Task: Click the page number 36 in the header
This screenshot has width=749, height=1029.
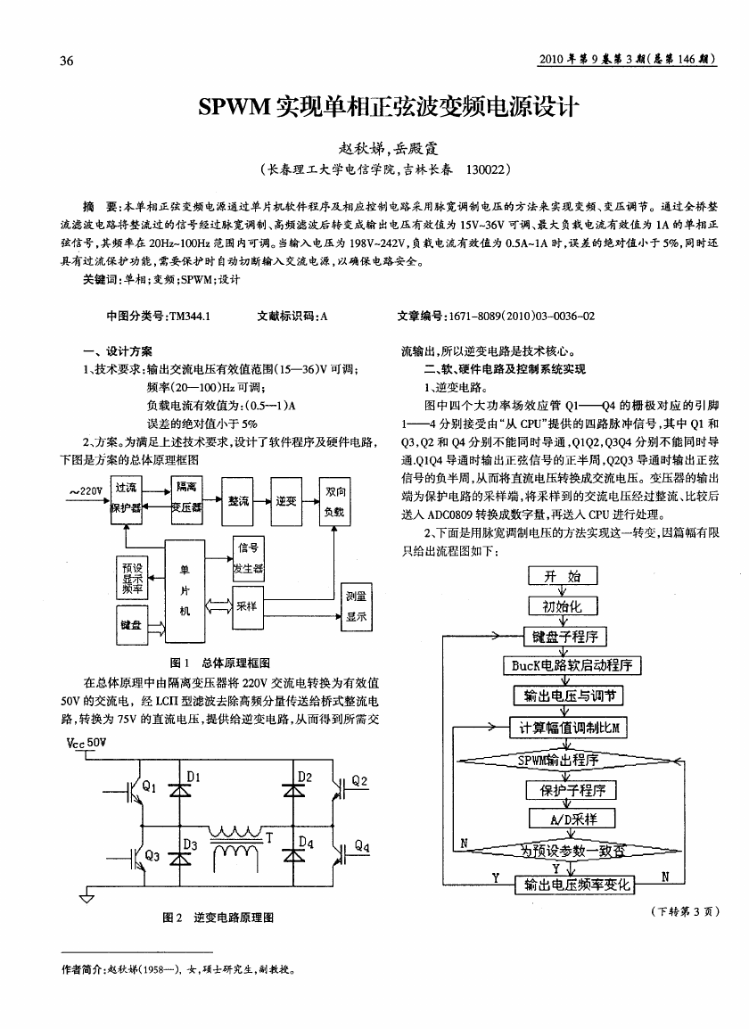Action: pyautogui.click(x=67, y=61)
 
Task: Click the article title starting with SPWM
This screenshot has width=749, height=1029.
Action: pyautogui.click(x=389, y=106)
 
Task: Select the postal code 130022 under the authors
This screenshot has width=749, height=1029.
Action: pyautogui.click(x=487, y=170)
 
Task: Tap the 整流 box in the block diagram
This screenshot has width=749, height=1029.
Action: pyautogui.click(x=238, y=501)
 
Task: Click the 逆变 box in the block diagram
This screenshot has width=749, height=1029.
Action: pyautogui.click(x=286, y=501)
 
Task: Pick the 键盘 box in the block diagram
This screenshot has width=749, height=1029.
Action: pyautogui.click(x=131, y=625)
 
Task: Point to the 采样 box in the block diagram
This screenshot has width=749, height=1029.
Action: pyautogui.click(x=247, y=606)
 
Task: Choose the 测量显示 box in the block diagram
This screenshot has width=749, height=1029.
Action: pyautogui.click(x=357, y=606)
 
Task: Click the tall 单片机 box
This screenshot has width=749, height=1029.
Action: pyautogui.click(x=185, y=592)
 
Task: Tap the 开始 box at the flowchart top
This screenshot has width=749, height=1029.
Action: pyautogui.click(x=563, y=576)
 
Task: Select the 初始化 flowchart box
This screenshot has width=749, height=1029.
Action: pyautogui.click(x=562, y=605)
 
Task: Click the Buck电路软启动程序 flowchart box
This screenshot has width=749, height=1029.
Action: pyautogui.click(x=572, y=665)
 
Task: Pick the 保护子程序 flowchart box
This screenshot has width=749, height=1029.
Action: pyautogui.click(x=572, y=790)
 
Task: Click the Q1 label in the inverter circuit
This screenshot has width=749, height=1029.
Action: pyautogui.click(x=150, y=786)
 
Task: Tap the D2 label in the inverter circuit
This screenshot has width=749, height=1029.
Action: pyautogui.click(x=305, y=777)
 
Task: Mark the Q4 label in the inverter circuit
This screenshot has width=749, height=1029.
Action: pyautogui.click(x=362, y=846)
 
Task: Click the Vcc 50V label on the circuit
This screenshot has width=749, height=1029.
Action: pyautogui.click(x=86, y=743)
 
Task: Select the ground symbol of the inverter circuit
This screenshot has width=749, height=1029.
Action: pyautogui.click(x=86, y=896)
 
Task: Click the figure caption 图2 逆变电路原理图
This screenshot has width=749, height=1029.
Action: pyautogui.click(x=218, y=918)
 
